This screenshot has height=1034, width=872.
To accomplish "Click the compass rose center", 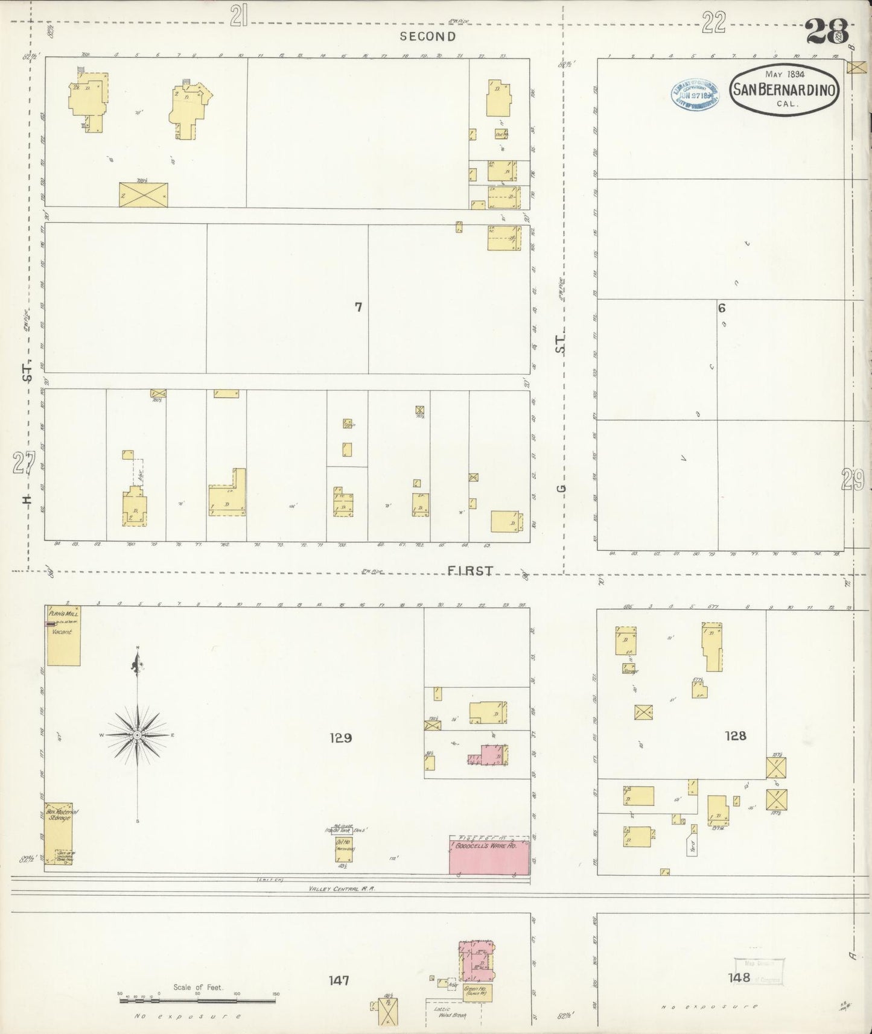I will point(138,735).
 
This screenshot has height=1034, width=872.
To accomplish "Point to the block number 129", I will point(340,737).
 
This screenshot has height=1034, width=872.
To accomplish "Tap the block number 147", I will point(339,981).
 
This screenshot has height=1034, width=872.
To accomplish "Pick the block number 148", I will point(738,977).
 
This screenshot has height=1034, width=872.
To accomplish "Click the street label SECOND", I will point(428,36).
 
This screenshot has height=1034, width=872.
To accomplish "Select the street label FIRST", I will point(471,571).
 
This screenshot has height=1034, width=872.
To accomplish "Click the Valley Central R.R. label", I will point(342,889).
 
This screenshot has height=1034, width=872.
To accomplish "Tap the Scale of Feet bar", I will point(198,1000).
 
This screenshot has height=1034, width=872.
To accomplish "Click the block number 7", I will point(358,307).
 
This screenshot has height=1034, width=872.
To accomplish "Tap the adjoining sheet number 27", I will point(23,465).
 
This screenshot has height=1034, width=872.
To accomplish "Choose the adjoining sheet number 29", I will point(853,480).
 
